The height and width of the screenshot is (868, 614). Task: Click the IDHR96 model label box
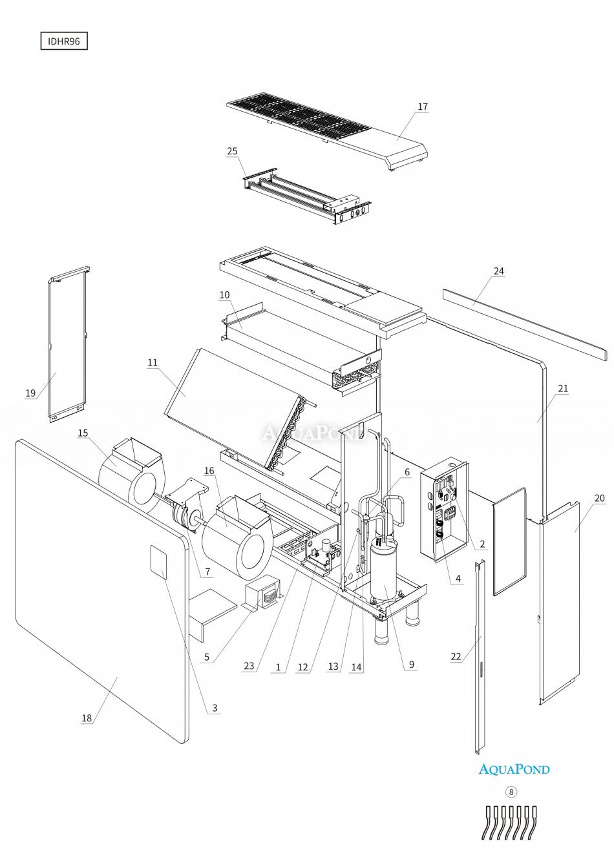(63, 41)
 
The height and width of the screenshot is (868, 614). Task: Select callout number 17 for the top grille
(422, 107)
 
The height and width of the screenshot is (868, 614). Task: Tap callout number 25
(232, 151)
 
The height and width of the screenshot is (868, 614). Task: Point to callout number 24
(498, 271)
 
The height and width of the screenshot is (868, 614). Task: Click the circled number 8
(512, 791)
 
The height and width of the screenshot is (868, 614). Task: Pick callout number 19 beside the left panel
(30, 393)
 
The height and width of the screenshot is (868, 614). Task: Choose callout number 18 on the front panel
(87, 718)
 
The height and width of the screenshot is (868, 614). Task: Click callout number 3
(215, 708)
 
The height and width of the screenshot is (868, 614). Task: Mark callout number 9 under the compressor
(411, 664)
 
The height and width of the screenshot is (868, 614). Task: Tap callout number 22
(457, 656)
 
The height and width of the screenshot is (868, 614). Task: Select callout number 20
(599, 498)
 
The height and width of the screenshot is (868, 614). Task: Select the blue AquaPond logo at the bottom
(514, 769)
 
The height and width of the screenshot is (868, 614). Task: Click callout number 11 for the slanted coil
(153, 362)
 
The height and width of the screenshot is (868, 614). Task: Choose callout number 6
(407, 473)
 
